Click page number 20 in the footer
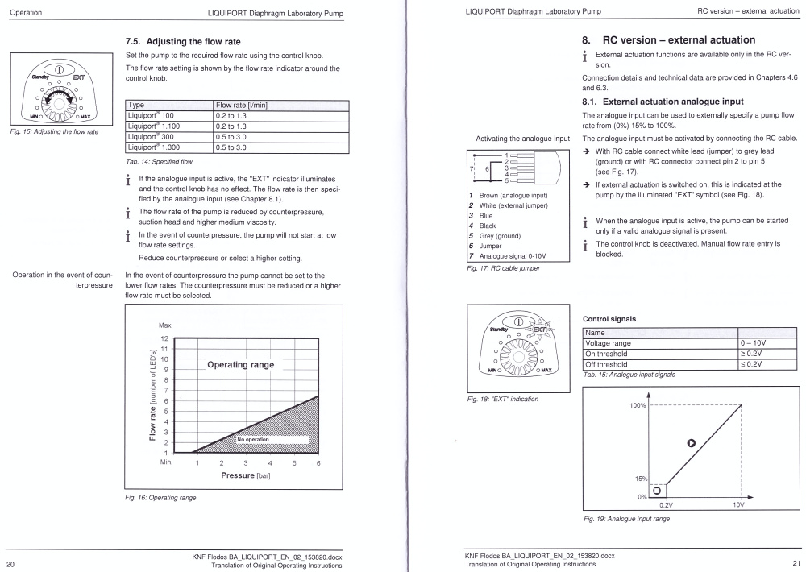click(11, 564)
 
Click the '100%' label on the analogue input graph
click(636, 404)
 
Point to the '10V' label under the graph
click(738, 504)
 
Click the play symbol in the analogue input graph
click(690, 441)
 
